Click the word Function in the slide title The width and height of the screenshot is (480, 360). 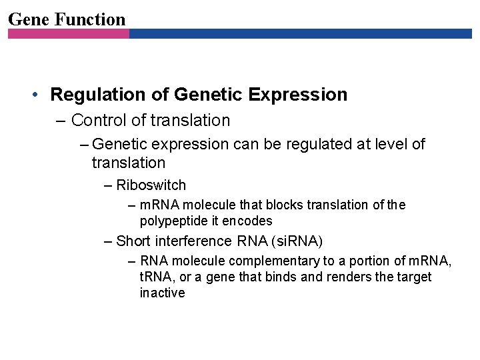click(x=90, y=19)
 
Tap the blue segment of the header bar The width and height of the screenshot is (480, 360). click(x=300, y=33)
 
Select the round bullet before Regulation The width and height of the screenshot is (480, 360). click(x=36, y=95)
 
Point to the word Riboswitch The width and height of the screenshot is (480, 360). click(x=151, y=185)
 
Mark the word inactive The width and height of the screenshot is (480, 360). click(x=162, y=293)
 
